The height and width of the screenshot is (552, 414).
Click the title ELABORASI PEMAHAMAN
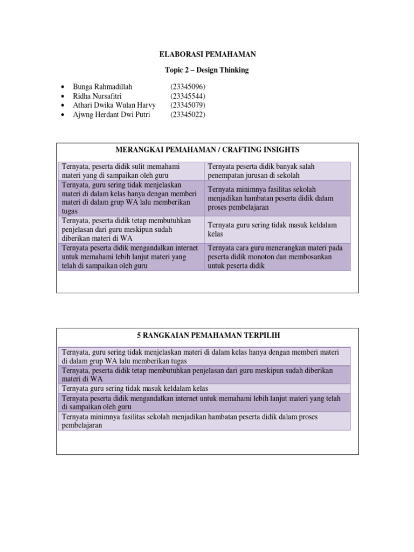point(207,54)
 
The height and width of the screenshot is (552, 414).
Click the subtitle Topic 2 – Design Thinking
point(207,70)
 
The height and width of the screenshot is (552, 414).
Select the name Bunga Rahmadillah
point(102,87)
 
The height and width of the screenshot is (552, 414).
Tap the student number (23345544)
point(188,96)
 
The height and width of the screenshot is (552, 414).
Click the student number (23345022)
point(188,114)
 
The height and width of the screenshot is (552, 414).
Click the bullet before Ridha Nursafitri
point(64,96)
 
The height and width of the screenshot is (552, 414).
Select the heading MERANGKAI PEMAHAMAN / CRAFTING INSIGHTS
point(207,149)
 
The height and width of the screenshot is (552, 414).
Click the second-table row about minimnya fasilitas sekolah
point(205,420)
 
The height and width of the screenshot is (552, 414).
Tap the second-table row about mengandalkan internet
point(205,402)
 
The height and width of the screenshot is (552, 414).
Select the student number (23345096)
point(188,87)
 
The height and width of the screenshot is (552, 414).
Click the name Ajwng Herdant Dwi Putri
point(111,114)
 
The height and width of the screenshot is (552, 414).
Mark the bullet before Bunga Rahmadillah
point(64,87)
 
